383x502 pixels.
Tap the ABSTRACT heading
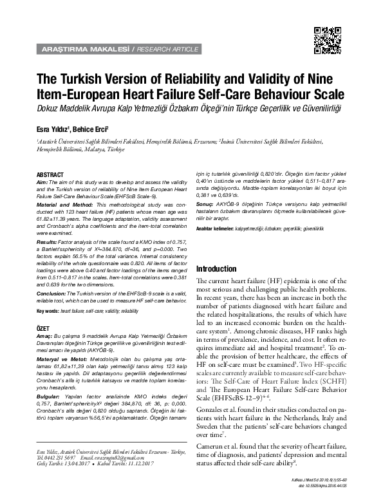point(50,175)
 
